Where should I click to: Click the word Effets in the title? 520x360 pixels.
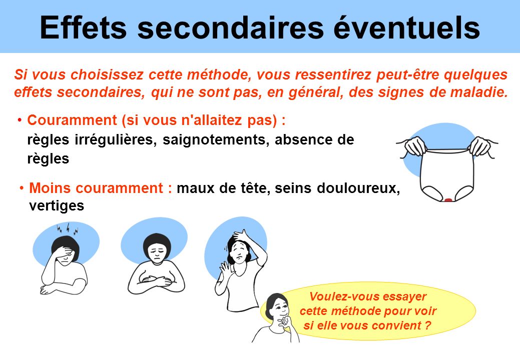(x=83, y=27)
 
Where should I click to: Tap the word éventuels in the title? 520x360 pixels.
(x=406, y=27)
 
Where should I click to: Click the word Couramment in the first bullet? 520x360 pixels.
(x=72, y=120)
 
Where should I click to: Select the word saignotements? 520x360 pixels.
(x=216, y=140)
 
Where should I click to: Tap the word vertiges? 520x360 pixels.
(x=57, y=206)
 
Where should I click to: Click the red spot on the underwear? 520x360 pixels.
(x=448, y=199)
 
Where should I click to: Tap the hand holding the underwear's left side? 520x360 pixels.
(x=414, y=145)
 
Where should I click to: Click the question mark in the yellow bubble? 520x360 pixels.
(x=428, y=325)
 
